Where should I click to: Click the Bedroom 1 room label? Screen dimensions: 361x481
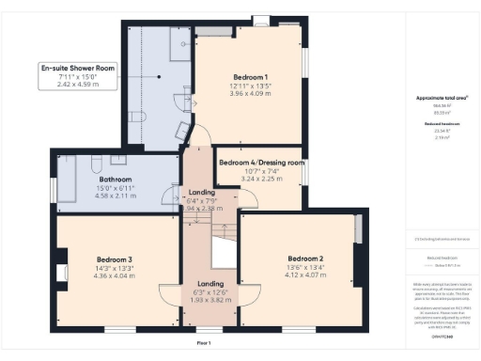tap(251, 76)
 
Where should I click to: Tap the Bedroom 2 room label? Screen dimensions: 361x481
tap(305, 259)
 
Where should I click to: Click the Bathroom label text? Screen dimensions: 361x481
tap(116, 179)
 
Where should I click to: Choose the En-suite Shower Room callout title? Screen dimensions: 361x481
tap(77, 68)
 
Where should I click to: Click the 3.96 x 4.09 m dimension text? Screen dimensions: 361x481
tap(251, 94)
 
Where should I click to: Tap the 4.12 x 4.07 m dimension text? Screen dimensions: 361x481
tap(305, 275)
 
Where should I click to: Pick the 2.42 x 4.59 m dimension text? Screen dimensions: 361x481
tap(77, 86)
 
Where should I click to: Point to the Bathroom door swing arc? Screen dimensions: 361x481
tap(171, 196)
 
